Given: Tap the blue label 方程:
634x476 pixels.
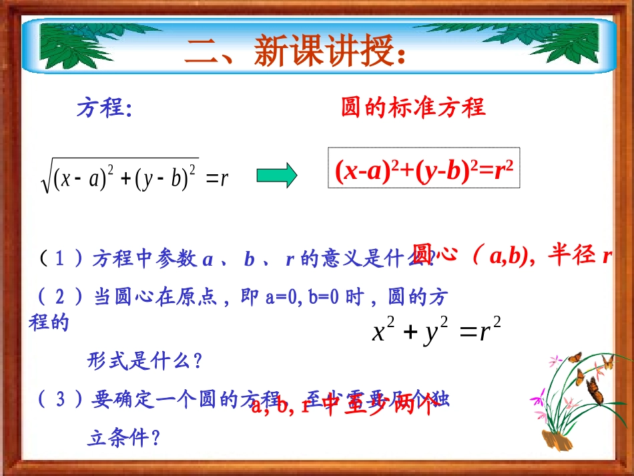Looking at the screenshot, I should (x=104, y=107).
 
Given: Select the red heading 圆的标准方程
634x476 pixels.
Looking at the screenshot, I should (x=413, y=107).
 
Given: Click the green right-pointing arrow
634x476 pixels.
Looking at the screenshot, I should (x=277, y=176).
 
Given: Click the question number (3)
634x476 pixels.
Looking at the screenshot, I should (x=59, y=399).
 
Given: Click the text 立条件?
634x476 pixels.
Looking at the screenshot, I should (x=124, y=437).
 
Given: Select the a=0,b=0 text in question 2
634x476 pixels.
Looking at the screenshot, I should (x=300, y=297).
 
